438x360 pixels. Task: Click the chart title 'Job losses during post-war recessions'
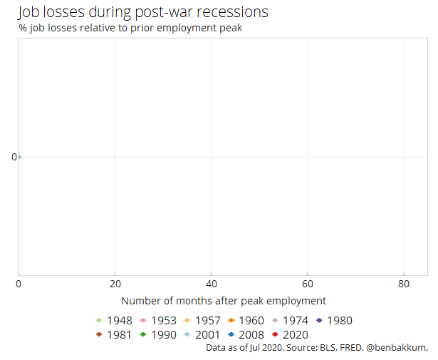point(142,12)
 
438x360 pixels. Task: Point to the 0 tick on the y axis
point(14,157)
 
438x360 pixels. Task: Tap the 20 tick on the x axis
point(115,283)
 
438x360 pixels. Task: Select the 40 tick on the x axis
point(211,283)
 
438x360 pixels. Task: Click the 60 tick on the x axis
point(307,283)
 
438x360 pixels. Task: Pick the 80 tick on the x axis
point(403,283)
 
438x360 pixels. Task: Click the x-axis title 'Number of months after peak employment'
point(224,301)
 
